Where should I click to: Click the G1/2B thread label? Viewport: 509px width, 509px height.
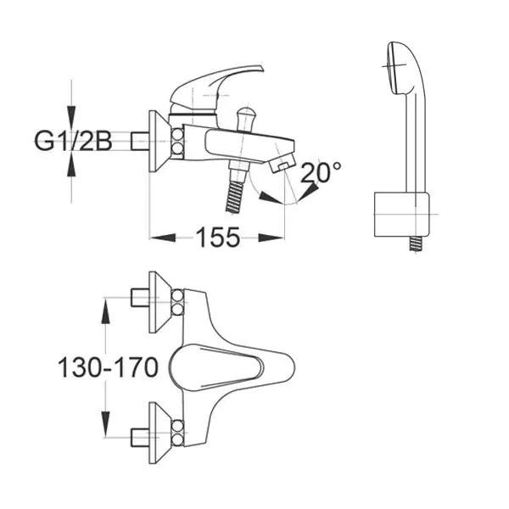73,142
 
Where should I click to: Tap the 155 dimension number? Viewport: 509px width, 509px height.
217,238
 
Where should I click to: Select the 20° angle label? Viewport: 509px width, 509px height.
321,172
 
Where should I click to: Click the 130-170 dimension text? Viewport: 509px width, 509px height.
108,367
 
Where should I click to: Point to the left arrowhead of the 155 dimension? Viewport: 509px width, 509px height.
162,238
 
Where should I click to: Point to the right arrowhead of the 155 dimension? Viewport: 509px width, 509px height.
271,238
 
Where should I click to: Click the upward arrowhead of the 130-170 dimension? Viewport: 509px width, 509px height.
105,311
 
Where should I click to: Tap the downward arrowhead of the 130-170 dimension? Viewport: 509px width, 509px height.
105,424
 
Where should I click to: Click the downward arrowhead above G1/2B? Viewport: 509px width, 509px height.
72,117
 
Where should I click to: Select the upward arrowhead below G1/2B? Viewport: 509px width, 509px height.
72,165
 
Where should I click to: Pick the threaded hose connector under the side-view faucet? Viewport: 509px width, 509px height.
235,196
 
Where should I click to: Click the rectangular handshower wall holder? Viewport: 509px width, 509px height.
402,215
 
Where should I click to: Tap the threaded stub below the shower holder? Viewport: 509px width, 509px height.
415,243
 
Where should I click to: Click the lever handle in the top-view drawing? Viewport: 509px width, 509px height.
216,366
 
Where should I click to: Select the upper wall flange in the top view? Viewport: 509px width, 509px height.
159,302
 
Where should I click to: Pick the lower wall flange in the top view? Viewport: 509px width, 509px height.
159,433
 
